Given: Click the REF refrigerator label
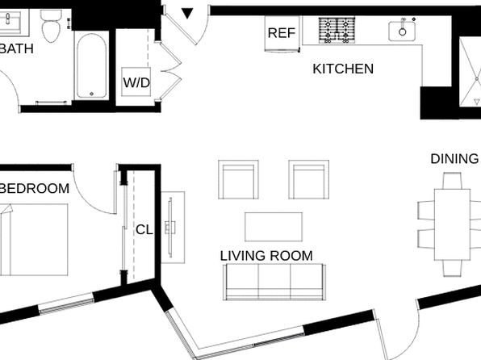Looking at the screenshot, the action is tap(282, 33).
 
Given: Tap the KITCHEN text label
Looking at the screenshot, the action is tap(343, 69).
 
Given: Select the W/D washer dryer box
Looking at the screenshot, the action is tap(136, 82).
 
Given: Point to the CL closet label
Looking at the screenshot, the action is tap(144, 229).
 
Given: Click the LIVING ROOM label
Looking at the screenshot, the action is tap(266, 256).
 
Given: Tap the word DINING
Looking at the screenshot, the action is tap(454, 159).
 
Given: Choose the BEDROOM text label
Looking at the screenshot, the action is tap(35, 188).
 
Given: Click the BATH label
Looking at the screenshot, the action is tap(17, 49).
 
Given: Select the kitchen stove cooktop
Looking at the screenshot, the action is tap(337, 30).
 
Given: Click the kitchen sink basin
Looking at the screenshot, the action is tap(402, 31).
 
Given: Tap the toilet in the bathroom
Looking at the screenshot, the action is tap(51, 26).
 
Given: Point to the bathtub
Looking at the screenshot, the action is tap(91, 65).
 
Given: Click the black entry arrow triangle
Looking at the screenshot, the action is tap(187, 13).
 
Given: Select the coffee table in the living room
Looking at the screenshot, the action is tap(274, 227).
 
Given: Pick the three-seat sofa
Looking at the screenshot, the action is tap(274, 282).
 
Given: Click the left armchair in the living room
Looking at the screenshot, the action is tap(238, 179).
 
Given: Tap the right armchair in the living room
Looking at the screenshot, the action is tap(308, 179).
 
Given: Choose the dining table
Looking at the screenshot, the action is tap(452, 224).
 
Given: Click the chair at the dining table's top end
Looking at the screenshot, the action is tap(452, 181).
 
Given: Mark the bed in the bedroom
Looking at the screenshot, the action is tap(34, 240).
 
